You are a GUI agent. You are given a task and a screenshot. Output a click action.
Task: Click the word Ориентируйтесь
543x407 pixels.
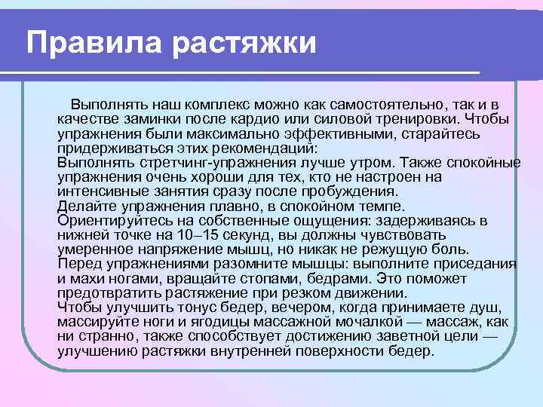coord(110,222)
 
